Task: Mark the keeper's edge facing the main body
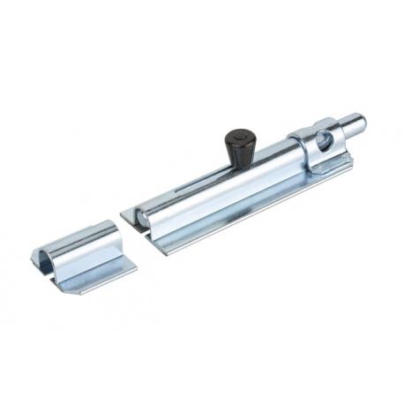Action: [118, 238]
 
